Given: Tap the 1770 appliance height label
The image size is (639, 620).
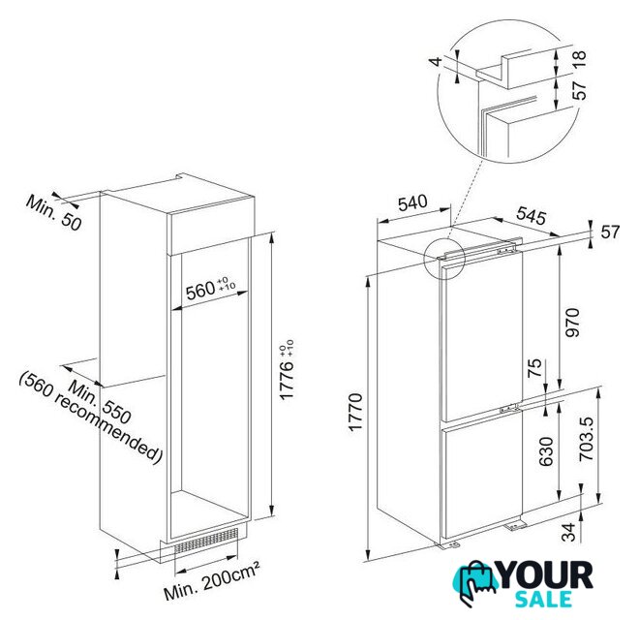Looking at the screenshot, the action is pos(355,412).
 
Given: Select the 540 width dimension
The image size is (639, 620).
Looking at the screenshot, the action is pos(412,202).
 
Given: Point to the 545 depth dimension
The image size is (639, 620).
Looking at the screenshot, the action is pos(532,216).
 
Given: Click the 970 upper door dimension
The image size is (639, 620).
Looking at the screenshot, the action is pos(572,323).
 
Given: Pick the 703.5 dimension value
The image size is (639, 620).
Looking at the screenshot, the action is pos(588,439).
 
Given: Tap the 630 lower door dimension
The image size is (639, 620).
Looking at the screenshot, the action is pos(546,451).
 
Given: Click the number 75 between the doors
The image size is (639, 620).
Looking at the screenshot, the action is pos(535,368).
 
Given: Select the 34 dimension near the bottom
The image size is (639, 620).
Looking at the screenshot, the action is pos(569,532).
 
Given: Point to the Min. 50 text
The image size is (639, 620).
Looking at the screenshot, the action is pos(54,212).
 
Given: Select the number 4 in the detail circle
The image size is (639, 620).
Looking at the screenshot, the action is pos(436,62).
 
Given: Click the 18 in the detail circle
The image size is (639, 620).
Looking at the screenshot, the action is pos(579,60).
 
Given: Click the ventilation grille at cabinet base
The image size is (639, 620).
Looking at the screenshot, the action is pos(206,541).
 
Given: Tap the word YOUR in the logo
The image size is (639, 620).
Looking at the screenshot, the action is pos(546,575).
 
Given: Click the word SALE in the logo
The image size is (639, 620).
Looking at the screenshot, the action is pos(543,599).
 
